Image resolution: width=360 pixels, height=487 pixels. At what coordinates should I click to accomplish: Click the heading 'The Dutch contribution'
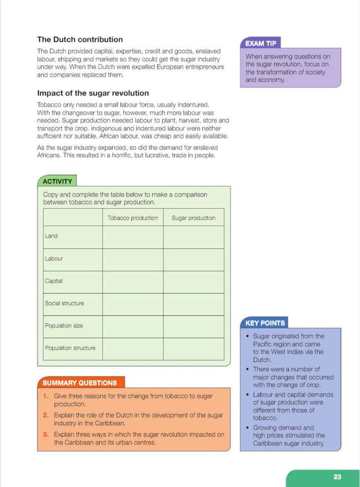80,40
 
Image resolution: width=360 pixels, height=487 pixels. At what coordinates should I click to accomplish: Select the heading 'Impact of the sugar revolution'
93,93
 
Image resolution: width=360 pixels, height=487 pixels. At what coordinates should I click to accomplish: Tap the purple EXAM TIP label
260,43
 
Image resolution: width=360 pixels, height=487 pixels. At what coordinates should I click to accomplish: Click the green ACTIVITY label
57,181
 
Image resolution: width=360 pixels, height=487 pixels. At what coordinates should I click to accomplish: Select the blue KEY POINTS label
265,323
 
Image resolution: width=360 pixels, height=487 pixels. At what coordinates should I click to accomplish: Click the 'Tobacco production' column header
133,218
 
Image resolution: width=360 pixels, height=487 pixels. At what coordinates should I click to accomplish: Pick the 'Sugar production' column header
193,218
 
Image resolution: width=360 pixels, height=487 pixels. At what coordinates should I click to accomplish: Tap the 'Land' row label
51,236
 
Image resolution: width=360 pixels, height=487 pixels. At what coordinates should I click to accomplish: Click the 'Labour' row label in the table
54,258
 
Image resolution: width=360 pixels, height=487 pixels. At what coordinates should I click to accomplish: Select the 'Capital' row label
54,280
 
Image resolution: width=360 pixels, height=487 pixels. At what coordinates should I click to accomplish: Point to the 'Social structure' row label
64,303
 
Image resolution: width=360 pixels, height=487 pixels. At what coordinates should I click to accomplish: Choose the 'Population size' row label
64,326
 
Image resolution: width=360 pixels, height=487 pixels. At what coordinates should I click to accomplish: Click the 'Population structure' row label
70,348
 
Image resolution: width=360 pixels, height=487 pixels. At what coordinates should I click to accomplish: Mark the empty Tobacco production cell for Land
133,236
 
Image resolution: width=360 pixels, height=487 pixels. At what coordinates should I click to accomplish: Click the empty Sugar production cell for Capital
193,281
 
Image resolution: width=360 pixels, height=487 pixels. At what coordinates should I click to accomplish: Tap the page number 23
337,477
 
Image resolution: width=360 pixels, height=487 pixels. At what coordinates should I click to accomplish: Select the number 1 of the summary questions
45,396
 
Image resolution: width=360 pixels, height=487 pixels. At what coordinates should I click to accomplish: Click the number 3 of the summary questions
45,435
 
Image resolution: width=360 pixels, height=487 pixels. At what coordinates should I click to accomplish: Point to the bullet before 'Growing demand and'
248,428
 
